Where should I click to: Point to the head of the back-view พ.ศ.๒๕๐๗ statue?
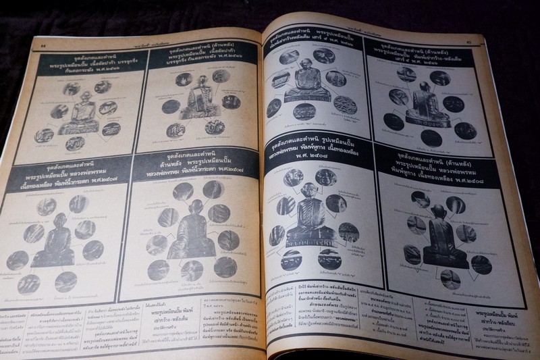point(196,207)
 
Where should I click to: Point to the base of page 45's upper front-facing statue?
point(307,97)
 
